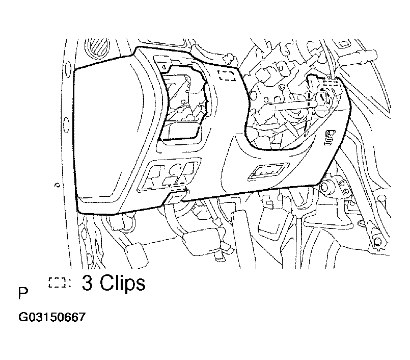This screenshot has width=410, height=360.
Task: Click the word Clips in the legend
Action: point(123,284)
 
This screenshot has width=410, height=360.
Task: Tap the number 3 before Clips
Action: point(87,282)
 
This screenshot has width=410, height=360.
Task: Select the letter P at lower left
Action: point(23,293)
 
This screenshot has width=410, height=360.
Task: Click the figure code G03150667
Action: point(52,317)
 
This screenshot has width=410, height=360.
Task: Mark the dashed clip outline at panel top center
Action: point(227,75)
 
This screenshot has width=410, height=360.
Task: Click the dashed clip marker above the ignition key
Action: point(330,84)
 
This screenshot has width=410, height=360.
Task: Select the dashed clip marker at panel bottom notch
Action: point(179,187)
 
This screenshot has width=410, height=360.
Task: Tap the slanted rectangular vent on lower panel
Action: point(268,171)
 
